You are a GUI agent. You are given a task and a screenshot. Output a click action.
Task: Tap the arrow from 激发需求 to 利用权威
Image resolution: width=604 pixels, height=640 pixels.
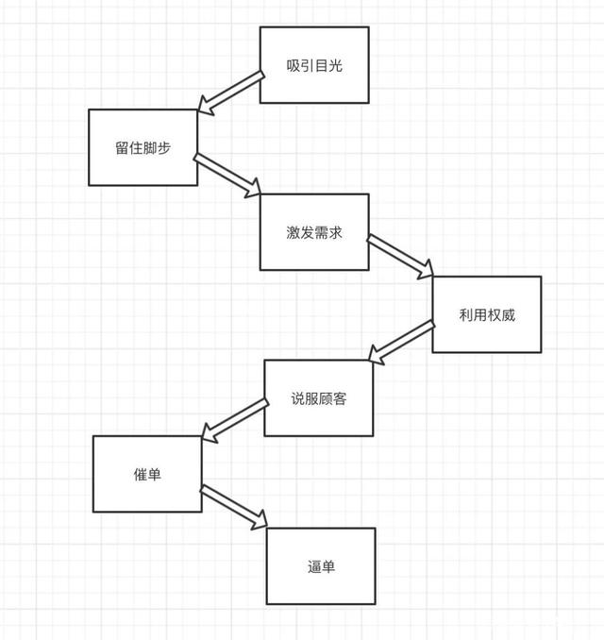[x=400, y=257]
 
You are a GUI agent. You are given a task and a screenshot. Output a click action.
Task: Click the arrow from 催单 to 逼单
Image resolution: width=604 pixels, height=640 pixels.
[x=234, y=506]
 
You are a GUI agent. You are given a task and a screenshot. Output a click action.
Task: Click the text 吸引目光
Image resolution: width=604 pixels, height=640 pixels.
[x=313, y=65]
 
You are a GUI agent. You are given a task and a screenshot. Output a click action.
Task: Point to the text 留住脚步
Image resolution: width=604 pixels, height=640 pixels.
[x=143, y=147]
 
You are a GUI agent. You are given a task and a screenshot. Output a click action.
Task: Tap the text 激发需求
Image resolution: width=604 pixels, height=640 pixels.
[x=313, y=232]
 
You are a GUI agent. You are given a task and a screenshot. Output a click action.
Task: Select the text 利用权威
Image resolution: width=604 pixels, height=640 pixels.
[x=487, y=314]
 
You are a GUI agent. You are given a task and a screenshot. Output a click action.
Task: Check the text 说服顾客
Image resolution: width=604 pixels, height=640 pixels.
[x=319, y=398]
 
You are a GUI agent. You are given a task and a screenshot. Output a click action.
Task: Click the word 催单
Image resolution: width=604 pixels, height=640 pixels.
[x=147, y=474]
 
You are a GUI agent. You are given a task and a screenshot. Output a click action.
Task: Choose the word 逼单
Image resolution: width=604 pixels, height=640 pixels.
[x=321, y=566]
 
